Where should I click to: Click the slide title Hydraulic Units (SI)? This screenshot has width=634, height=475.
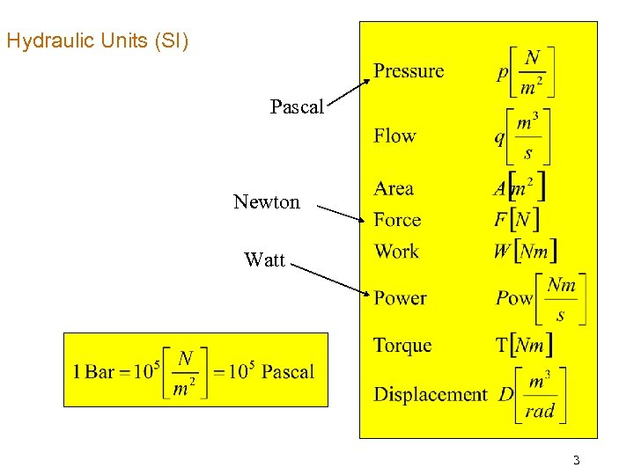pyautogui.click(x=97, y=40)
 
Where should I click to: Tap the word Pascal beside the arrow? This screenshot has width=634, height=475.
pyautogui.click(x=297, y=107)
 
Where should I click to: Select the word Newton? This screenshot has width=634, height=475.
pyautogui.click(x=266, y=202)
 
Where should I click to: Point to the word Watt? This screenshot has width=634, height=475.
pyautogui.click(x=264, y=259)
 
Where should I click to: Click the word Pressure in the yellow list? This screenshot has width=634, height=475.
pyautogui.click(x=409, y=71)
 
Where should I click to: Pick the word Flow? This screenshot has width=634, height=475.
pyautogui.click(x=394, y=135)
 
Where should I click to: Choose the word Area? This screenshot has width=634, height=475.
pyautogui.click(x=394, y=188)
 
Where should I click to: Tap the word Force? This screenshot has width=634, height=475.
pyautogui.click(x=397, y=220)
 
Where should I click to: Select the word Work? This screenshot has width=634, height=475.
pyautogui.click(x=396, y=252)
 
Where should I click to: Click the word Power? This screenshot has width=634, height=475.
pyautogui.click(x=400, y=298)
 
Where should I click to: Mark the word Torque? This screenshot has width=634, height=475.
pyautogui.click(x=402, y=345)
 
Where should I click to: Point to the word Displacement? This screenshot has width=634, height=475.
pyautogui.click(x=430, y=395)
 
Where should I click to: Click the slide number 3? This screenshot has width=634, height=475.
pyautogui.click(x=576, y=460)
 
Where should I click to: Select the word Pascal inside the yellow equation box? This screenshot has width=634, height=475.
pyautogui.click(x=288, y=371)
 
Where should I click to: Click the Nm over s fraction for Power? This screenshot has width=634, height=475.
pyautogui.click(x=561, y=299)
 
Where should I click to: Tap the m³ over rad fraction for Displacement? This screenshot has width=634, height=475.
pyautogui.click(x=540, y=395)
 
